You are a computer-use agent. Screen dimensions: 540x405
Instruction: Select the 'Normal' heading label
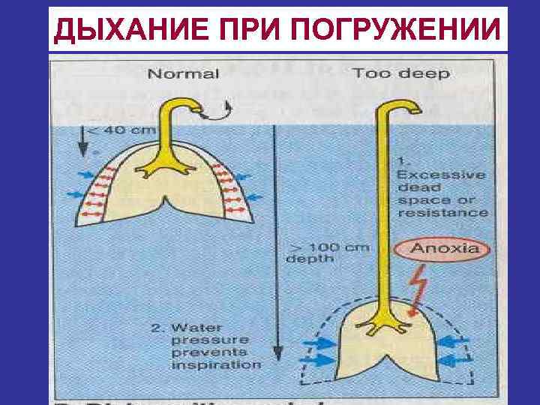(x=183, y=73)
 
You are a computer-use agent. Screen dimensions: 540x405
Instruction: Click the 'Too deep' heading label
(x=400, y=73)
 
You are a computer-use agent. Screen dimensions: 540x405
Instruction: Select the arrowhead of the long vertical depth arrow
(x=278, y=353)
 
